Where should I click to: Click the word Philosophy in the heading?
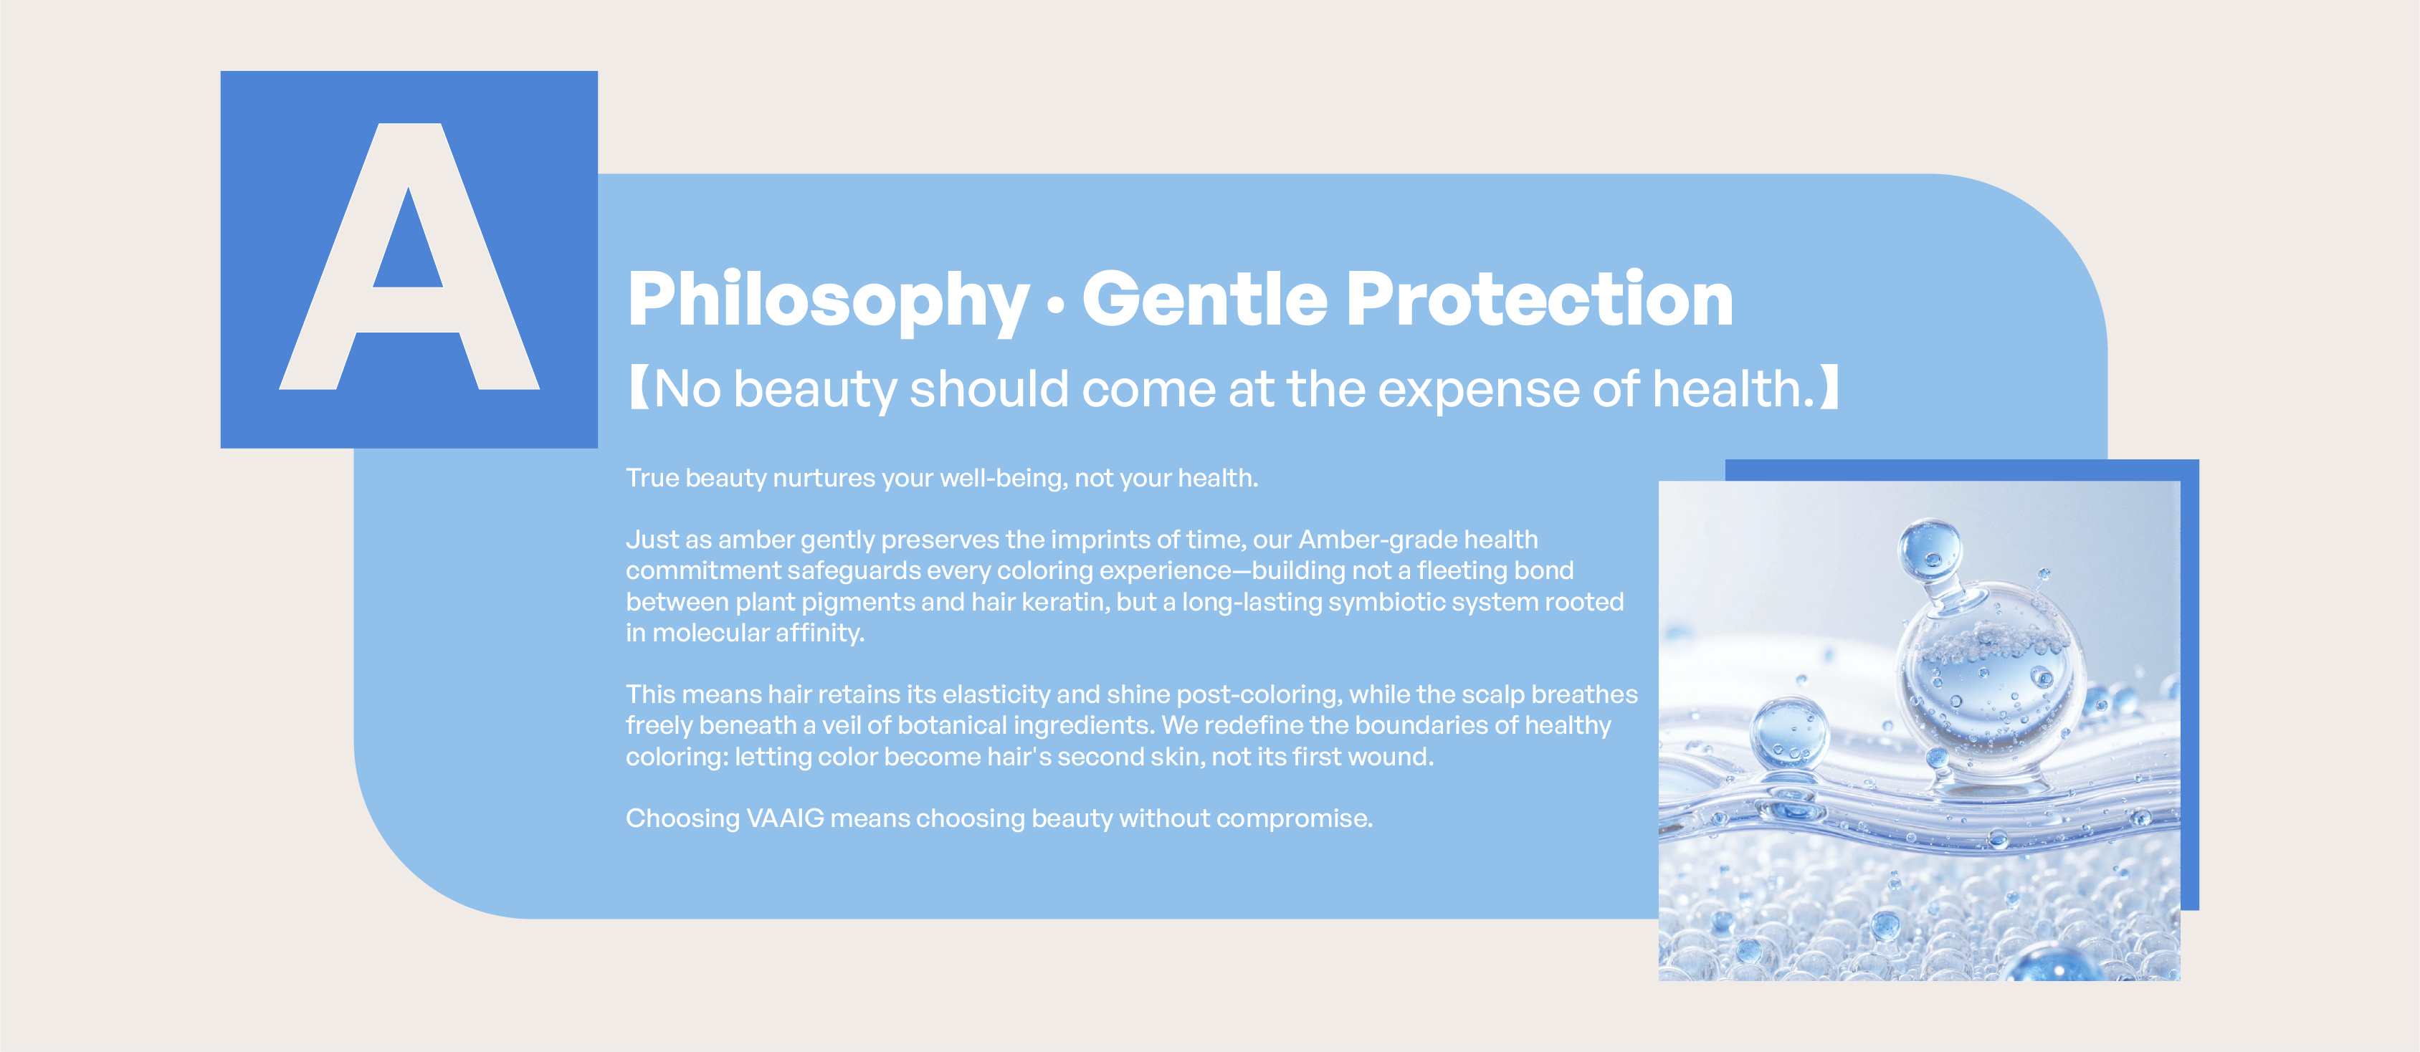pyautogui.click(x=829, y=300)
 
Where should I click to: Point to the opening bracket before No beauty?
pyautogui.click(x=639, y=388)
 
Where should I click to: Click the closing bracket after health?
pyautogui.click(x=1829, y=388)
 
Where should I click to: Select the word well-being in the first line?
pyautogui.click(x=1004, y=478)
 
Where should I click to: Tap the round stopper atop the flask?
pyautogui.click(x=1930, y=548)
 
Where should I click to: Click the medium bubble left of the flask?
pyautogui.click(x=1790, y=732)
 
